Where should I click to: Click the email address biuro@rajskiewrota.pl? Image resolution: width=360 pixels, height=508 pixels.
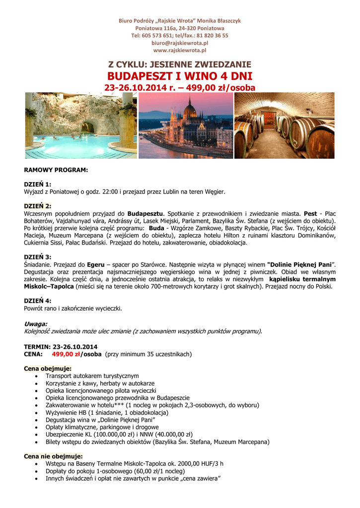[180, 43]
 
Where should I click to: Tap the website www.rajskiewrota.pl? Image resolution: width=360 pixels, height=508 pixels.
[180, 51]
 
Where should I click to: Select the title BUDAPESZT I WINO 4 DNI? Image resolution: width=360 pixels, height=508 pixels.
[180, 76]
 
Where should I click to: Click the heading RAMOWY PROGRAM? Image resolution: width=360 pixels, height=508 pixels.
[56, 170]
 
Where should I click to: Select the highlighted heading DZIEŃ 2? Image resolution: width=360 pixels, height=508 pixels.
[38, 205]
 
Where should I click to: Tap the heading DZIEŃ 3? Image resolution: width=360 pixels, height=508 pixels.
[38, 257]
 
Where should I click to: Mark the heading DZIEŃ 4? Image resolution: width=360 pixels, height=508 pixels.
[38, 301]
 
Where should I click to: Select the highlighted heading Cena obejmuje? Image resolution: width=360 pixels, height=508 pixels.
[48, 369]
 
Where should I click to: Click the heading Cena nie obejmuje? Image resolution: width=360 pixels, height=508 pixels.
[53, 456]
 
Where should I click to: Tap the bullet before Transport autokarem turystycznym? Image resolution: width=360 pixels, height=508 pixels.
[38, 377]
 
